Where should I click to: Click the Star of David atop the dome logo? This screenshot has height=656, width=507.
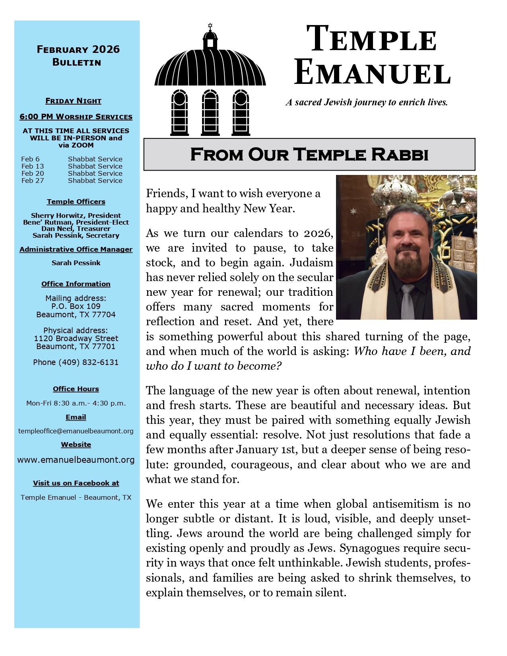210,26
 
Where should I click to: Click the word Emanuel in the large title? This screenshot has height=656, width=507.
372,73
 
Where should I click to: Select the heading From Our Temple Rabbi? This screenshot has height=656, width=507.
309,154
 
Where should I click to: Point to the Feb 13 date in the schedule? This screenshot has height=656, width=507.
33,166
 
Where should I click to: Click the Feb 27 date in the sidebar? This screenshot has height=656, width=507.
33,180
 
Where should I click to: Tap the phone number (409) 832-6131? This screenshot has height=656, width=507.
76,362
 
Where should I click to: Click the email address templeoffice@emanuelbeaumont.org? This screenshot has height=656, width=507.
76,431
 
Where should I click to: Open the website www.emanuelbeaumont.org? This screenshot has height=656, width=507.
76,460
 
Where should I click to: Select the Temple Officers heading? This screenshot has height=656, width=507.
76,202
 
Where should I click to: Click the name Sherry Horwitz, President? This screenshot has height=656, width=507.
76,215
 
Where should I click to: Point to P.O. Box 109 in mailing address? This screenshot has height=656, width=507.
76,306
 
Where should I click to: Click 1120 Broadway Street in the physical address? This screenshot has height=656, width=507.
76,338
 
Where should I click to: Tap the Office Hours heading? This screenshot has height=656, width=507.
76,389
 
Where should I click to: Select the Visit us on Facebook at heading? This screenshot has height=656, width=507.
76,483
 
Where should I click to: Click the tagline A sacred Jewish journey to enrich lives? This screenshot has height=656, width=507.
367,102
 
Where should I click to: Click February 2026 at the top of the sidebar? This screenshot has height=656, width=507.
78,49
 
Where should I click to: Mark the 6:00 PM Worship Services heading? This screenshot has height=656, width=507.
76,116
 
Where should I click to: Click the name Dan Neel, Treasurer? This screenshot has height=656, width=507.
76,229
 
